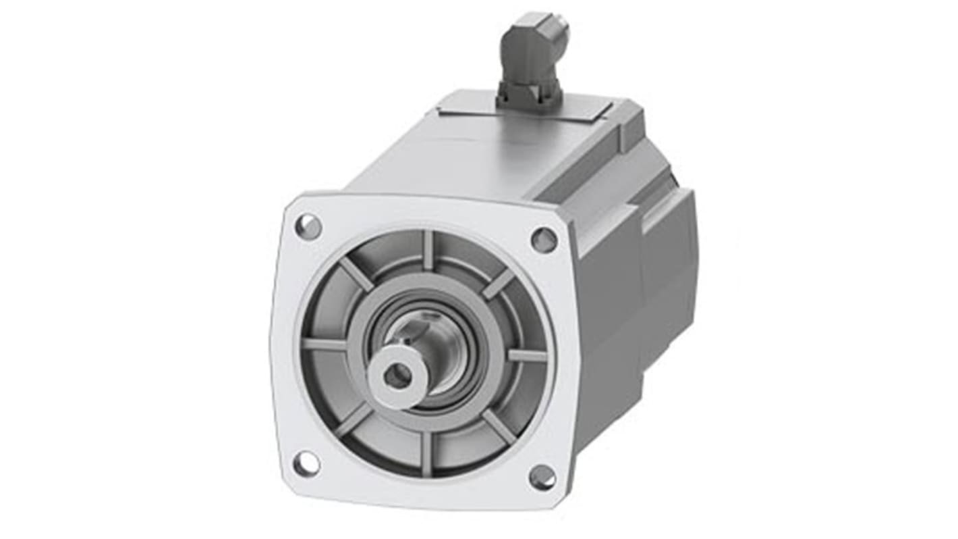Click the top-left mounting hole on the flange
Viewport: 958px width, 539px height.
pos(308,226)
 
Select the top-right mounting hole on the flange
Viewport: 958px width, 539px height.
pos(544,240)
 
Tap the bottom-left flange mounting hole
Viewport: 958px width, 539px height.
pos(306,463)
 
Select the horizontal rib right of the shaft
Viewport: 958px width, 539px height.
pos(526,355)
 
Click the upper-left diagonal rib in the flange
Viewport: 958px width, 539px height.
pos(356,274)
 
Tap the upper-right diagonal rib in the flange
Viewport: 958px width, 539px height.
pos(499,284)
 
